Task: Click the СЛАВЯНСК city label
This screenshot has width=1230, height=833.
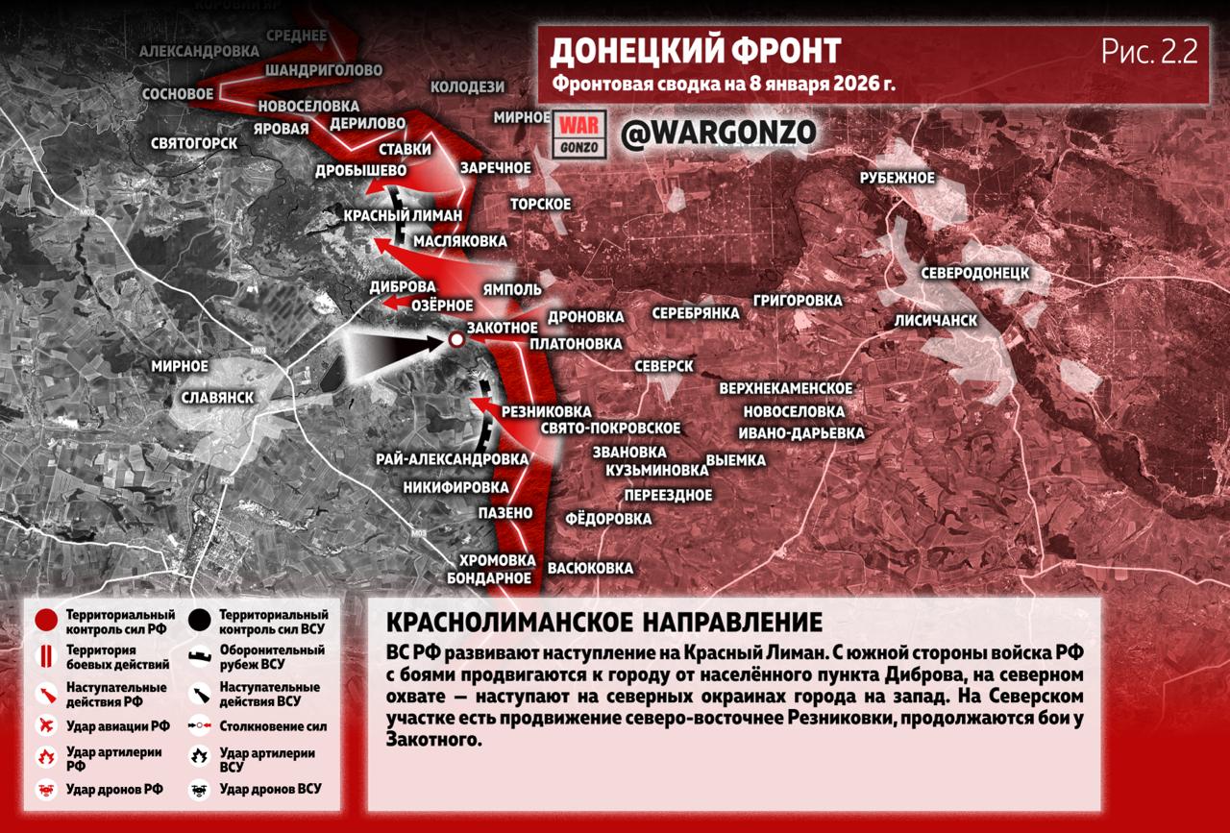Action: click(x=217, y=397)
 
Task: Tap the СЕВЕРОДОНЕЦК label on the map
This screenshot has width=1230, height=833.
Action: click(x=974, y=273)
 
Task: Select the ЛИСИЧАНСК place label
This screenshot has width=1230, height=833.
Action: click(x=935, y=320)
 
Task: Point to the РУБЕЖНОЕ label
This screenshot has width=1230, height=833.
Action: click(x=897, y=178)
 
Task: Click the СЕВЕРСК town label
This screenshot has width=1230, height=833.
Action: click(x=663, y=366)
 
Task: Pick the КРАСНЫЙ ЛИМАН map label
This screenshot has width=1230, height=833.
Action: click(x=403, y=215)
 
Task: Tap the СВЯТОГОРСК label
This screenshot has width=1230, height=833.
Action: click(x=193, y=143)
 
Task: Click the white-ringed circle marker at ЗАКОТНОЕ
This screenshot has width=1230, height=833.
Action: click(x=455, y=339)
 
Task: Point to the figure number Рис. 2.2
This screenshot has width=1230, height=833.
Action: click(x=1149, y=52)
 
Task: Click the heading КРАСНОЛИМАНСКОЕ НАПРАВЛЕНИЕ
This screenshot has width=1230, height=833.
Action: click(x=603, y=620)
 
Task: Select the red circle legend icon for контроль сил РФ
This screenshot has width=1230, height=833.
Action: click(x=45, y=621)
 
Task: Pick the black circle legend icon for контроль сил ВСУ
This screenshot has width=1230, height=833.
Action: click(x=201, y=621)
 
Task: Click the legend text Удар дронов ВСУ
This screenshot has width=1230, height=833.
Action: click(x=270, y=789)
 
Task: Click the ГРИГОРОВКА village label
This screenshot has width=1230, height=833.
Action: click(x=797, y=301)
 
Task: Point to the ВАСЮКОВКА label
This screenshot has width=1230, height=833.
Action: click(x=590, y=568)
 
